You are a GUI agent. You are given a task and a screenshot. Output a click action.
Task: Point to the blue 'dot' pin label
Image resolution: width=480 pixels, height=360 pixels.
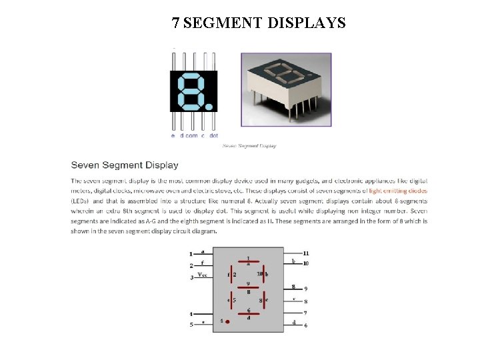(x=213, y=135)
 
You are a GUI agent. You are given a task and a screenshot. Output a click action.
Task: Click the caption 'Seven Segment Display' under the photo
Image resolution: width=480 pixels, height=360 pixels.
(x=249, y=145)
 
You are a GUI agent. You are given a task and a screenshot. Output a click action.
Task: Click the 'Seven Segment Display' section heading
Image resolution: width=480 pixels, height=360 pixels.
(x=125, y=165)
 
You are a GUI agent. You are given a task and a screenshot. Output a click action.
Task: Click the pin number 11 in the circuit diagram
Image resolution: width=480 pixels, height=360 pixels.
(x=305, y=253)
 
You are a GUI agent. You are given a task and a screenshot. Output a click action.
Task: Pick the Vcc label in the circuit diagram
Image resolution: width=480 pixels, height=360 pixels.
(x=203, y=275)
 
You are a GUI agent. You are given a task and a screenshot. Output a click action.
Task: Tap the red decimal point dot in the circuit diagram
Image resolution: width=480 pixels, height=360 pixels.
(x=228, y=321)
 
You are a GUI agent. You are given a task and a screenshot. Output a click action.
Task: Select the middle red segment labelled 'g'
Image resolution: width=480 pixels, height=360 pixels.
(x=248, y=288)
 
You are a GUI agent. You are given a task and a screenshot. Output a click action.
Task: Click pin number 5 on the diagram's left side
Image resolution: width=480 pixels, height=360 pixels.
(x=191, y=325)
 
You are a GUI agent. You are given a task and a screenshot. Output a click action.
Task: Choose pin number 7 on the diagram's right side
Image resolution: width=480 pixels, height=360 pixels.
(x=305, y=313)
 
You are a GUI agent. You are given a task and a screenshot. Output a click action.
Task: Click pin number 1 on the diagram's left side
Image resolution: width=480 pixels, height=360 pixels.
(x=191, y=254)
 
